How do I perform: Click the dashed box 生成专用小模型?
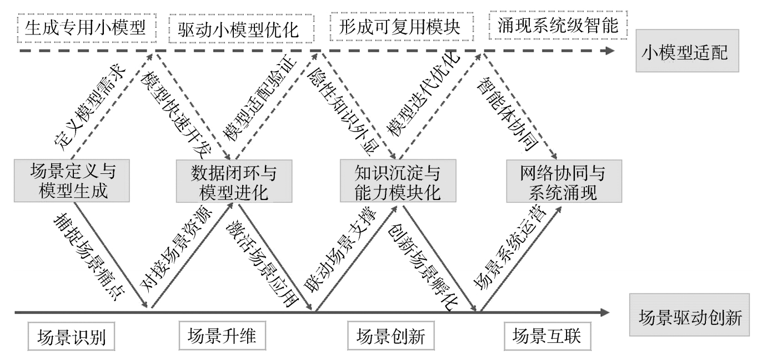87,28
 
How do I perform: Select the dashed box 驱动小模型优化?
241,28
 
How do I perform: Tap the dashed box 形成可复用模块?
402,27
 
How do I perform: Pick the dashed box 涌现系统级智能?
558,25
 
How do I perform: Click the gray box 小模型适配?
687,51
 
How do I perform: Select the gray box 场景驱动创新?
689,315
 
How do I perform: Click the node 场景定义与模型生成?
72,181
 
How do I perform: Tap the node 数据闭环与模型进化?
234,181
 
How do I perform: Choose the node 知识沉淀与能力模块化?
398,181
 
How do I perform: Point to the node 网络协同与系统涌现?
564,181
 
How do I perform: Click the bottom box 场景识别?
72,337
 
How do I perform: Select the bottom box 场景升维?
222,336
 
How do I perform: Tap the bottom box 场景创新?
391,336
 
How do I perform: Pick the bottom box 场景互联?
548,336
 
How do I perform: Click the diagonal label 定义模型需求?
90,106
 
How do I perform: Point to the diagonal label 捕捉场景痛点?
89,257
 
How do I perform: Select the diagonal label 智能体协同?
508,113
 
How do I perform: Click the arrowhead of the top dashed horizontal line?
610,51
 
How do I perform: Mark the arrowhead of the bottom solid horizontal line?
604,312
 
